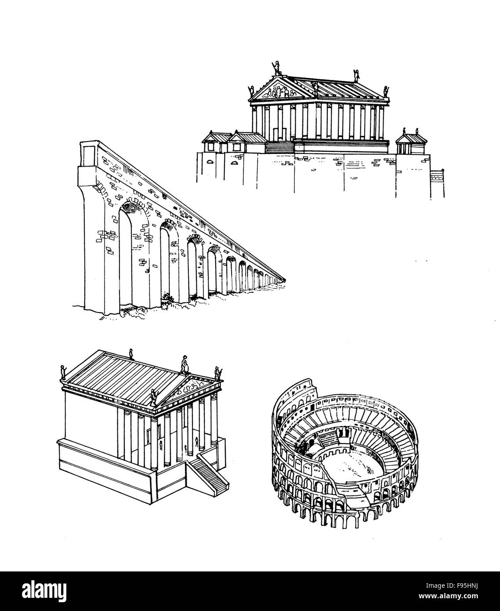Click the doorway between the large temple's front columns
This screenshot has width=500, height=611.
coord(275,132)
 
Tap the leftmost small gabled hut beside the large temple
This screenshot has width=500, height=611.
coord(214,141)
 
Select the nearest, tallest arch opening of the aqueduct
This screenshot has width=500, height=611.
coord(131,251)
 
